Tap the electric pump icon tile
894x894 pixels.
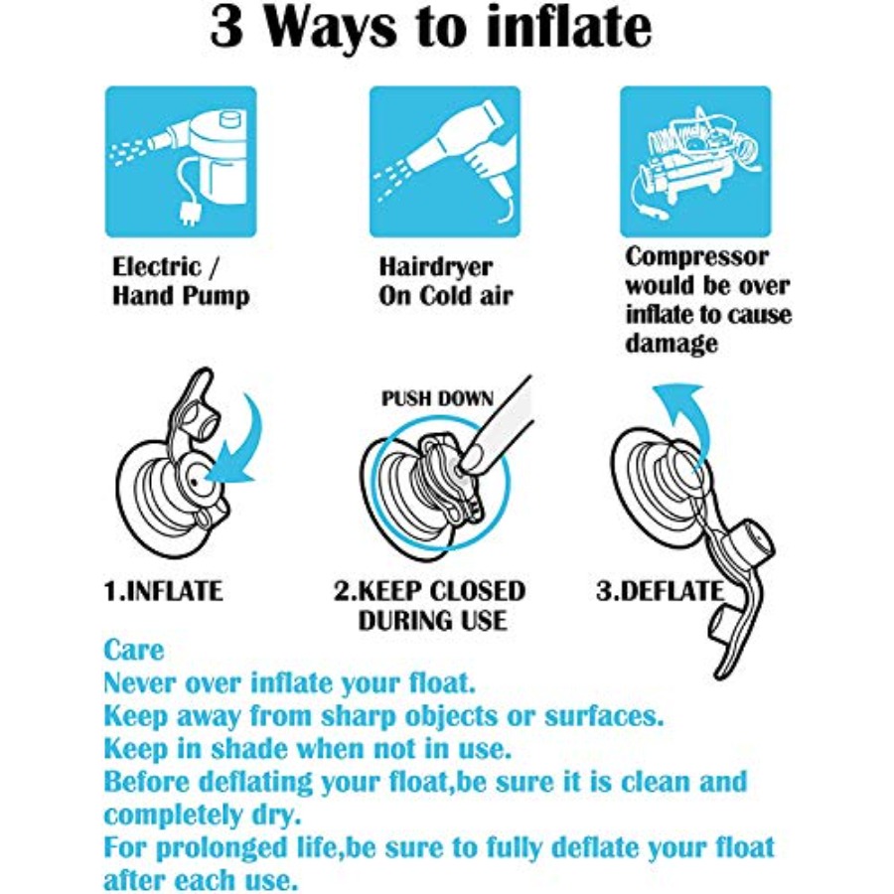point(181,161)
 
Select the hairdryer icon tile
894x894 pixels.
point(445,161)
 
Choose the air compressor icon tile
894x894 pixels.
point(695,161)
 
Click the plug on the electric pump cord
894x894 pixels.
point(190,215)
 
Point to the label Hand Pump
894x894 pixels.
point(181,296)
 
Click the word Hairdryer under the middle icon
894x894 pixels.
point(436,267)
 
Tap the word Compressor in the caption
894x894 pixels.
point(696,257)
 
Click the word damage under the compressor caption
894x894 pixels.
point(671,343)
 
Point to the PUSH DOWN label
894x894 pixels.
point(437,398)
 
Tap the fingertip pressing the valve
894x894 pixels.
point(469,460)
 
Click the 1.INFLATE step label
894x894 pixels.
point(163,591)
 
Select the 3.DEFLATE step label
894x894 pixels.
point(660,591)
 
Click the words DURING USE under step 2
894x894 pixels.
point(433,621)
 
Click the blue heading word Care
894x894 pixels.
point(133,650)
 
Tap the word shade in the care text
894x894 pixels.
point(248,749)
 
